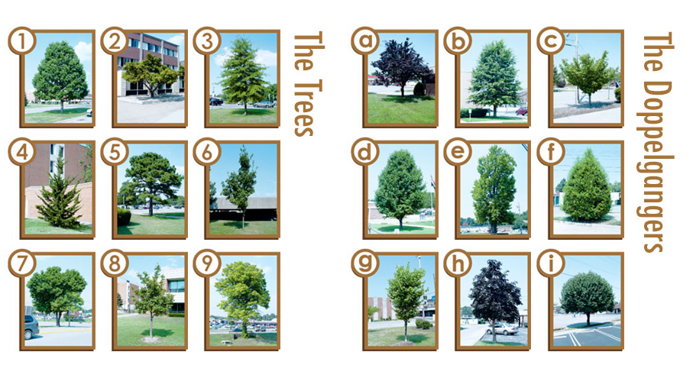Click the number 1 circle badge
22,41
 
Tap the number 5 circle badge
115,153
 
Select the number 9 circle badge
207,263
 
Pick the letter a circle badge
365,41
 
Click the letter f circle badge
551,153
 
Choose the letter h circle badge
458,263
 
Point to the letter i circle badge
551,263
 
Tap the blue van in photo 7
31,326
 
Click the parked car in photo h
502,328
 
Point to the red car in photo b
522,111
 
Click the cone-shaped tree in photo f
586,188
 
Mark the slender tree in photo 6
240,186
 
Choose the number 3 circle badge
207,41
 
